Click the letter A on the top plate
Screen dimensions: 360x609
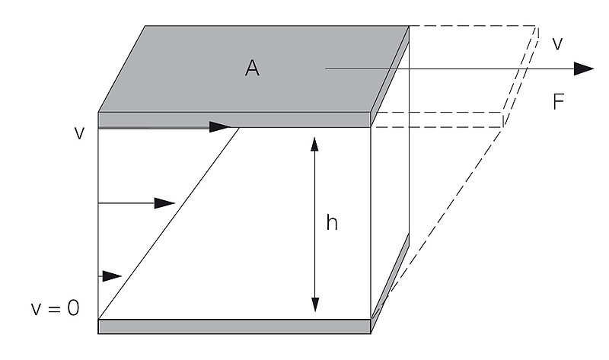252,68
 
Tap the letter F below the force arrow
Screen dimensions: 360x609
559,103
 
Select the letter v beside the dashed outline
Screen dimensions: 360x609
557,44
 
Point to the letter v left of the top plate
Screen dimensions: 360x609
78,132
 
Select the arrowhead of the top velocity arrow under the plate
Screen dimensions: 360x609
220,127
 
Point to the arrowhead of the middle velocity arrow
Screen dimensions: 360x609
165,203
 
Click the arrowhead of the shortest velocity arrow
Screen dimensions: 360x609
113,275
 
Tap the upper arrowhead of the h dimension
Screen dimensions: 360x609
314,143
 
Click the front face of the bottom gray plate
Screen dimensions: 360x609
234,327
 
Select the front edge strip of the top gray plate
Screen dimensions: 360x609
234,119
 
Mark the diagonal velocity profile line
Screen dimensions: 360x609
169,223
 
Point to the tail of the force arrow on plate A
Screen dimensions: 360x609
327,69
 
